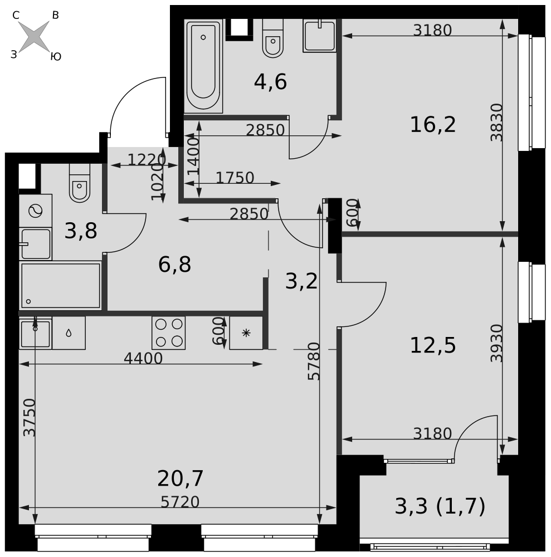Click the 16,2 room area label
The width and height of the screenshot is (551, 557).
click(433, 125)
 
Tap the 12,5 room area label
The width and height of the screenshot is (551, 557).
click(433, 346)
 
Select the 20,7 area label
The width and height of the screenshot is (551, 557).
click(180, 478)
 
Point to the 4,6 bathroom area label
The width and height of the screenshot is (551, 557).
click(270, 82)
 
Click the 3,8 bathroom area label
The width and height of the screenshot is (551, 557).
click(81, 231)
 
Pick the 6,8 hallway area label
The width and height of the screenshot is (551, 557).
click(174, 265)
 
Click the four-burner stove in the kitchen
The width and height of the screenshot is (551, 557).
click(168, 333)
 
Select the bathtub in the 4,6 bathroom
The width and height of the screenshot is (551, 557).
click(203, 66)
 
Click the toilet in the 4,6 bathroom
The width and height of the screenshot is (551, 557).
click(273, 38)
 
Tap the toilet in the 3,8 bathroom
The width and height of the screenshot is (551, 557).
click(80, 183)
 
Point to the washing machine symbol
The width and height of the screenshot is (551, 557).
click(36, 211)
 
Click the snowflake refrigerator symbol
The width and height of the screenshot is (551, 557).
click(246, 333)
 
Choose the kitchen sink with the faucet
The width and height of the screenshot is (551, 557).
click(36, 333)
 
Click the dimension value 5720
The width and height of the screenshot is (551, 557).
click(180, 502)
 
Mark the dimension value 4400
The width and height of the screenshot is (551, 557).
click(143, 358)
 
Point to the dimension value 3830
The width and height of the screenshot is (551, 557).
click(496, 123)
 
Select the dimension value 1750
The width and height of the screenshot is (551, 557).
click(235, 178)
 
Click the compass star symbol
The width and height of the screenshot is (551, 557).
click(34, 36)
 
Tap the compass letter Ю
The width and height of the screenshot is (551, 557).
click(56, 57)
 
